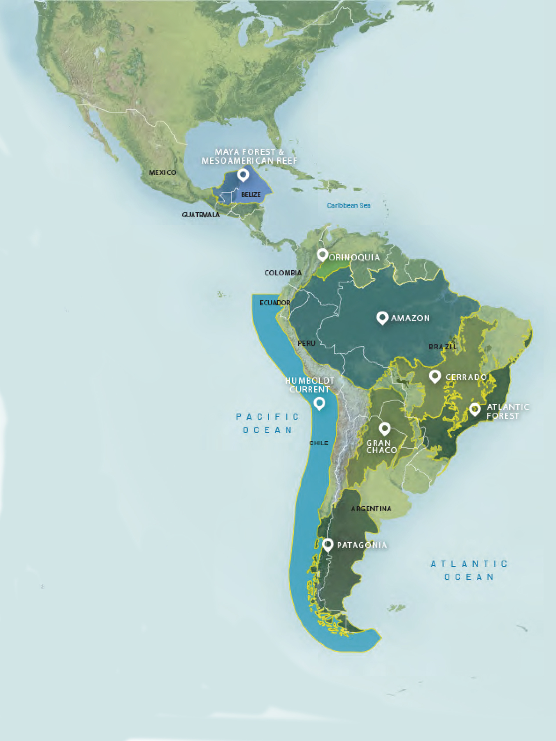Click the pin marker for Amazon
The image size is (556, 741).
click(382, 317)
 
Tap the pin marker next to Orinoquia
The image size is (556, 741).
click(322, 255)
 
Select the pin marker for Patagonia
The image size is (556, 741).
click(328, 544)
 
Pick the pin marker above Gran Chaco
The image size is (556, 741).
click(385, 428)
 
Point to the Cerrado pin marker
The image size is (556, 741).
click(435, 376)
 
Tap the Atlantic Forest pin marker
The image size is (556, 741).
click(475, 409)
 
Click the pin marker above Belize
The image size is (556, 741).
click(243, 174)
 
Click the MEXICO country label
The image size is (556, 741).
click(162, 173)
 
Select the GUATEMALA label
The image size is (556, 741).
click(201, 215)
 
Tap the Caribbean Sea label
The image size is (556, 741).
click(349, 205)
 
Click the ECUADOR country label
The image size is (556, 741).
click(275, 303)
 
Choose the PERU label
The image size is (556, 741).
click(306, 343)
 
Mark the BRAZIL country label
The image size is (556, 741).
click(442, 347)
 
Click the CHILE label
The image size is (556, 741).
click(319, 443)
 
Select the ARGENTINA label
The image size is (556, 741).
click(371, 509)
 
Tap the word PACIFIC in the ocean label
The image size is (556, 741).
click(267, 417)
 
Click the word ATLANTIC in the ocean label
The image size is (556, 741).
click(469, 564)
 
